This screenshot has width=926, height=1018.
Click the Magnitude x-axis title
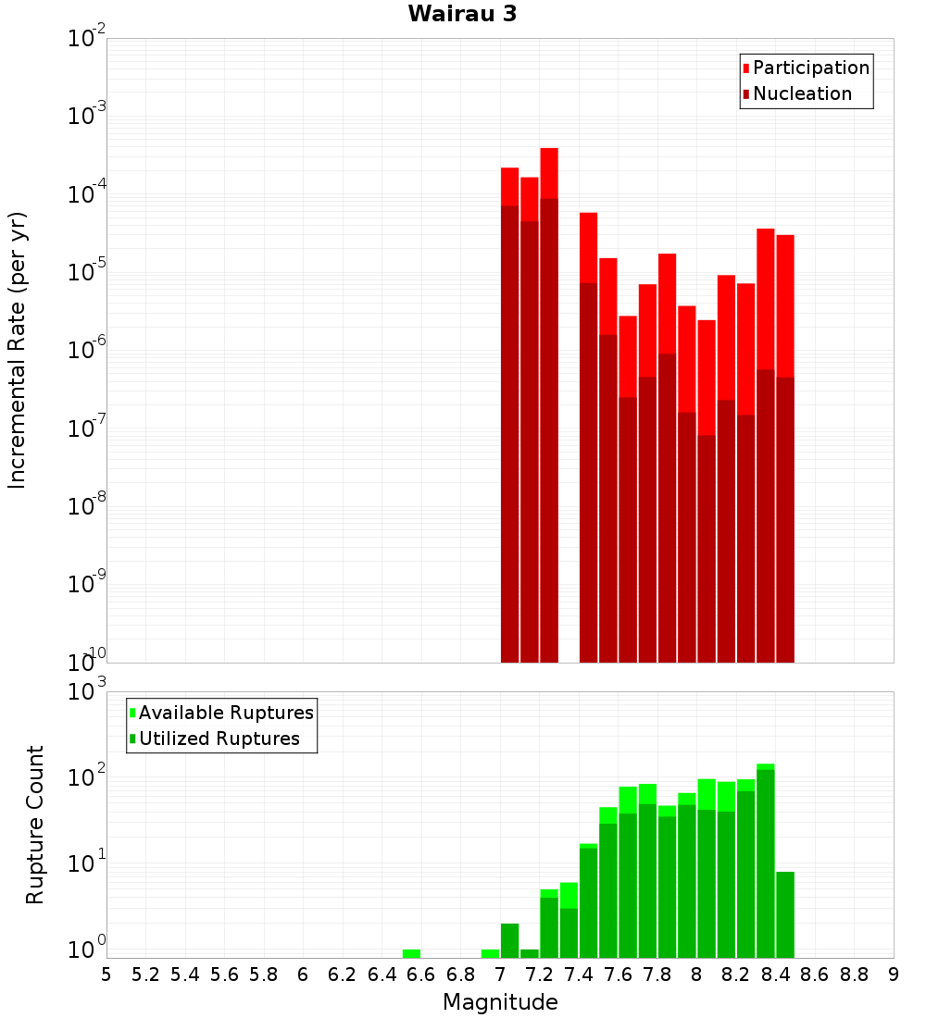tap(500, 1002)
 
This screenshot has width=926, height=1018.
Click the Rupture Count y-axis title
tap(35, 825)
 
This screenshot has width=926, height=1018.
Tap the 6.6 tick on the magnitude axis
tap(421, 975)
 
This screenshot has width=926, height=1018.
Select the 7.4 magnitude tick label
tap(579, 975)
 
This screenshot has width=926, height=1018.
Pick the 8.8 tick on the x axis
tap(854, 975)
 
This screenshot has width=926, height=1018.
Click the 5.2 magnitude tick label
tap(146, 975)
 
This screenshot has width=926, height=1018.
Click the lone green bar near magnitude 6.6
tap(411, 953)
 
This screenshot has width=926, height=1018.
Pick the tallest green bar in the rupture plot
tap(766, 861)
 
